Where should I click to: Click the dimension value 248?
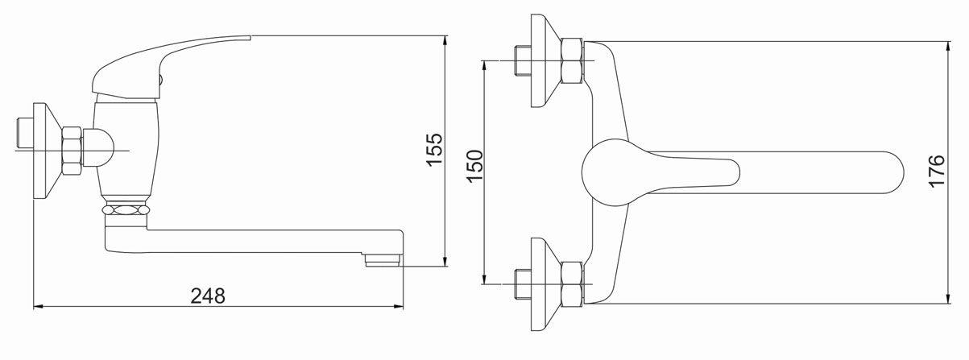[208, 296]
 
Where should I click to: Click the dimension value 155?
[435, 150]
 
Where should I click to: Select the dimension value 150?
[474, 166]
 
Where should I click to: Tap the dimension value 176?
[937, 171]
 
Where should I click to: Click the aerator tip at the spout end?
[383, 260]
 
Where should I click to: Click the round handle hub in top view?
[605, 172]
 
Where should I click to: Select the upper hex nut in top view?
[571, 60]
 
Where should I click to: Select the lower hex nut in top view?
[571, 284]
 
